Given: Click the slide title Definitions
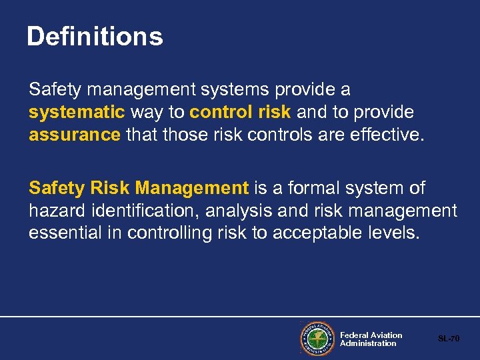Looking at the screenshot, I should pos(95,37).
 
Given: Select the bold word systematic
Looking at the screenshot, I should pos(77,112).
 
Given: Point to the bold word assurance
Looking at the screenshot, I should pos(74,135).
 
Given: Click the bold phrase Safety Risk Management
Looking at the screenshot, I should pos(139,189).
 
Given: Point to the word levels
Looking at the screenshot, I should pos(397,234).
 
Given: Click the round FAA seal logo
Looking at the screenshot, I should pos(317,338).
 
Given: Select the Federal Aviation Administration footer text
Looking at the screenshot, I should pos(371,339).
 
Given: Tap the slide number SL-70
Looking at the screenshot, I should pos(449,339).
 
